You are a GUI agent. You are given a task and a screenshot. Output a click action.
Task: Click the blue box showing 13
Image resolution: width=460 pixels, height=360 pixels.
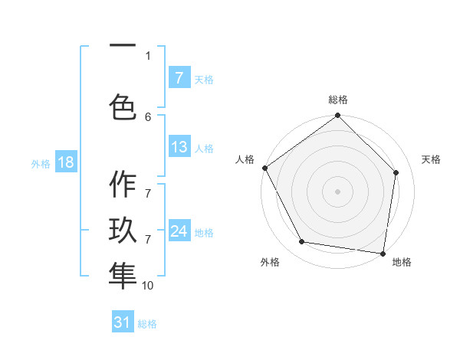[179, 147]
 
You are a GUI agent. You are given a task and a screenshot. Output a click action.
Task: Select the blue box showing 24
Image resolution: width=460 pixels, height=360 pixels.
[179, 231]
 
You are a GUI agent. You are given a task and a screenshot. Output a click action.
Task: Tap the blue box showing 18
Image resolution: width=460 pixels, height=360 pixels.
[65, 162]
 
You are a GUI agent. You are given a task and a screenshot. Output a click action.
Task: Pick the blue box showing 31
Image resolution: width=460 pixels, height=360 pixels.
[123, 322]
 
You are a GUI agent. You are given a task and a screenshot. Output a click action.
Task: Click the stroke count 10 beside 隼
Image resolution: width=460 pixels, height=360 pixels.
[148, 285]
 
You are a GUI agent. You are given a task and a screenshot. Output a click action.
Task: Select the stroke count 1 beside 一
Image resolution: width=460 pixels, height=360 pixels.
[148, 55]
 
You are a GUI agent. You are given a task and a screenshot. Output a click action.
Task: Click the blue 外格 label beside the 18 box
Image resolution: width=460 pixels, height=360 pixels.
[41, 163]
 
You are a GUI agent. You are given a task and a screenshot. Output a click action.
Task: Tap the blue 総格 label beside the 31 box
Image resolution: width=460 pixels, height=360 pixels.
[147, 324]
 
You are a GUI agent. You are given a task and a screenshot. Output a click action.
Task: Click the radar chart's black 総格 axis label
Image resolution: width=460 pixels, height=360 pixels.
[338, 100]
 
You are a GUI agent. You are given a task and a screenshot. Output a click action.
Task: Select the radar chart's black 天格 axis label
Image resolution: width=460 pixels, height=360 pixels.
[432, 159]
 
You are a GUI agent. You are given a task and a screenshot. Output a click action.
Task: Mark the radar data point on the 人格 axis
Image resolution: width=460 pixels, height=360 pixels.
[264, 168]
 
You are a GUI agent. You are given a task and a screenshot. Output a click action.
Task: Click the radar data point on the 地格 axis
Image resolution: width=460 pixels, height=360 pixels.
[383, 253]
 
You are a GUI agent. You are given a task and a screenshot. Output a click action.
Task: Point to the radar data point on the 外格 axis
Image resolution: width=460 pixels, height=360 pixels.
[301, 242]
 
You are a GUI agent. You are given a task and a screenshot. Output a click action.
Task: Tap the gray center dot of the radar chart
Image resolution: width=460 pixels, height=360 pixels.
[338, 191]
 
